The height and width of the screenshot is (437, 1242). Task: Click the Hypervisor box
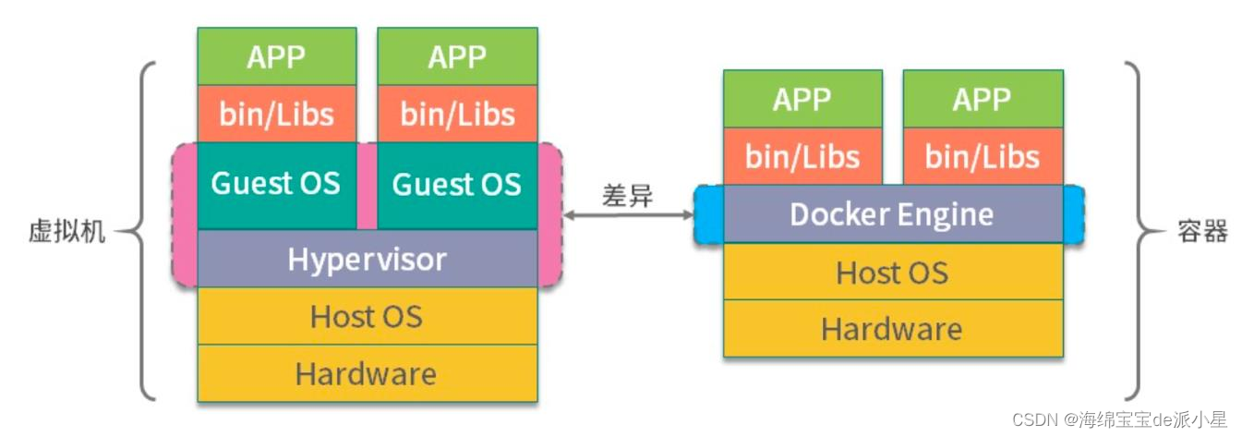[x=367, y=259]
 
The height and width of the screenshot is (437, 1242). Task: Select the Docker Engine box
[x=893, y=214]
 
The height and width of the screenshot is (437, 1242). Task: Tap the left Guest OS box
[x=277, y=185]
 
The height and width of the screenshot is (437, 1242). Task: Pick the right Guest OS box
[x=457, y=185]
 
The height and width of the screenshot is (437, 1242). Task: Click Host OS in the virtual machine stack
[x=367, y=316]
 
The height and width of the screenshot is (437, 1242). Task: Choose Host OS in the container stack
[x=893, y=272]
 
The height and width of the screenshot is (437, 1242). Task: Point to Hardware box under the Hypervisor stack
[x=367, y=373]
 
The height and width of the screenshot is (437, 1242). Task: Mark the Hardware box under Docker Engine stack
[x=893, y=329]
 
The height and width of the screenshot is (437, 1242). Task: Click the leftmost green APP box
[x=277, y=56]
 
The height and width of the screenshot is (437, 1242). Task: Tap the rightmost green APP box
[x=983, y=99]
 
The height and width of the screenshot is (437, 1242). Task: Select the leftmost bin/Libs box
[x=277, y=114]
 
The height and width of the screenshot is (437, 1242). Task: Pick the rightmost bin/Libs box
[x=983, y=156]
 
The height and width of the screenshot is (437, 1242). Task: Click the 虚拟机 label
[x=66, y=231]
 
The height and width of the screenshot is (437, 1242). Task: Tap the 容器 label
[x=1202, y=231]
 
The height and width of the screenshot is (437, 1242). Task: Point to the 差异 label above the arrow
[x=627, y=196]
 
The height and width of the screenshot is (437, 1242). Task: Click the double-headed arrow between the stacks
[x=628, y=215]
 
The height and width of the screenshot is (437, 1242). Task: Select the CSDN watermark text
[x=1119, y=419]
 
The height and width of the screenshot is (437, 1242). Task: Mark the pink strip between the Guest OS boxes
[x=367, y=185]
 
